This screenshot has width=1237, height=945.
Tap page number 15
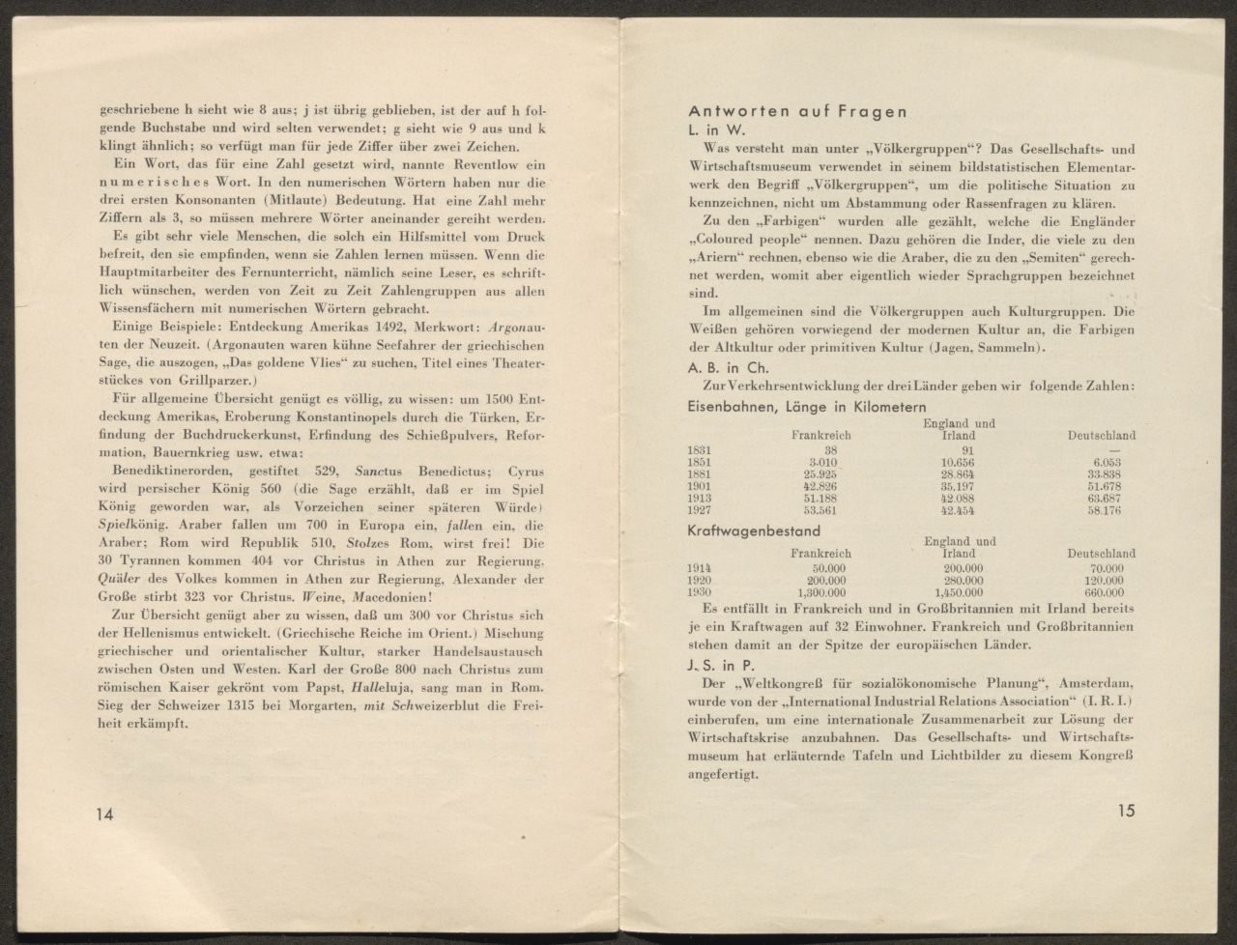1125,811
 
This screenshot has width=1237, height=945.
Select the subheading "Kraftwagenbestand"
754,530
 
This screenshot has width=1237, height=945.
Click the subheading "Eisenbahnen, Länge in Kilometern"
806,408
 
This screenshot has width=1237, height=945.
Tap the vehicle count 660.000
1102,592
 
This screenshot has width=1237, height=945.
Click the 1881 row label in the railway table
700,474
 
